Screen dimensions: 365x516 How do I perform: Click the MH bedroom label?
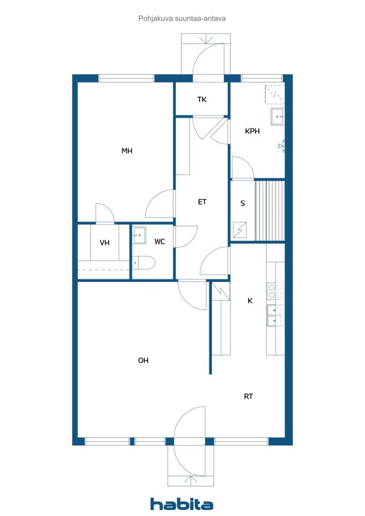click(127, 151)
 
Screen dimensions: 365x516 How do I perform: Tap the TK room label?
click(202, 99)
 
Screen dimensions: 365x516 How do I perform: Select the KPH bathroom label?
click(252, 131)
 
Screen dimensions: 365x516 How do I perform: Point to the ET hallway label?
click(202, 202)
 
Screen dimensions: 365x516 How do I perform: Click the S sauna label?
click(242, 204)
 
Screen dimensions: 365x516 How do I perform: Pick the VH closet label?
click(104, 243)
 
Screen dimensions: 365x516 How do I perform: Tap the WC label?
click(159, 241)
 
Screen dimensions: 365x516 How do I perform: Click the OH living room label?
click(143, 361)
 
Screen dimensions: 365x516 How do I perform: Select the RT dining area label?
click(248, 397)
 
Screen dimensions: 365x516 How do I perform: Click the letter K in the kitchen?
click(250, 301)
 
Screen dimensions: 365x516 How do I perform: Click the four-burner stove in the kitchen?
click(275, 291)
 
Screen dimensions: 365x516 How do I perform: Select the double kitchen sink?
click(275, 315)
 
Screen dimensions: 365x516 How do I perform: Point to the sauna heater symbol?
click(239, 230)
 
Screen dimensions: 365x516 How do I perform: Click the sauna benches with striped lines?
click(270, 211)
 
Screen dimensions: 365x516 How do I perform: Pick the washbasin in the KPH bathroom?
click(277, 116)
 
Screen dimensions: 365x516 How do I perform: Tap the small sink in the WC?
click(139, 235)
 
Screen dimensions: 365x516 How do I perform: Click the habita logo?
click(181, 504)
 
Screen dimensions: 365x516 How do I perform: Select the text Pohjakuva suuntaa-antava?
click(182, 19)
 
